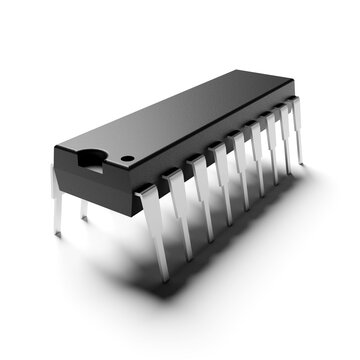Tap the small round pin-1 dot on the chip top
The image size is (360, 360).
[x=128, y=159]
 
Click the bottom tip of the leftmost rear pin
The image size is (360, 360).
[x=57, y=235]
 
